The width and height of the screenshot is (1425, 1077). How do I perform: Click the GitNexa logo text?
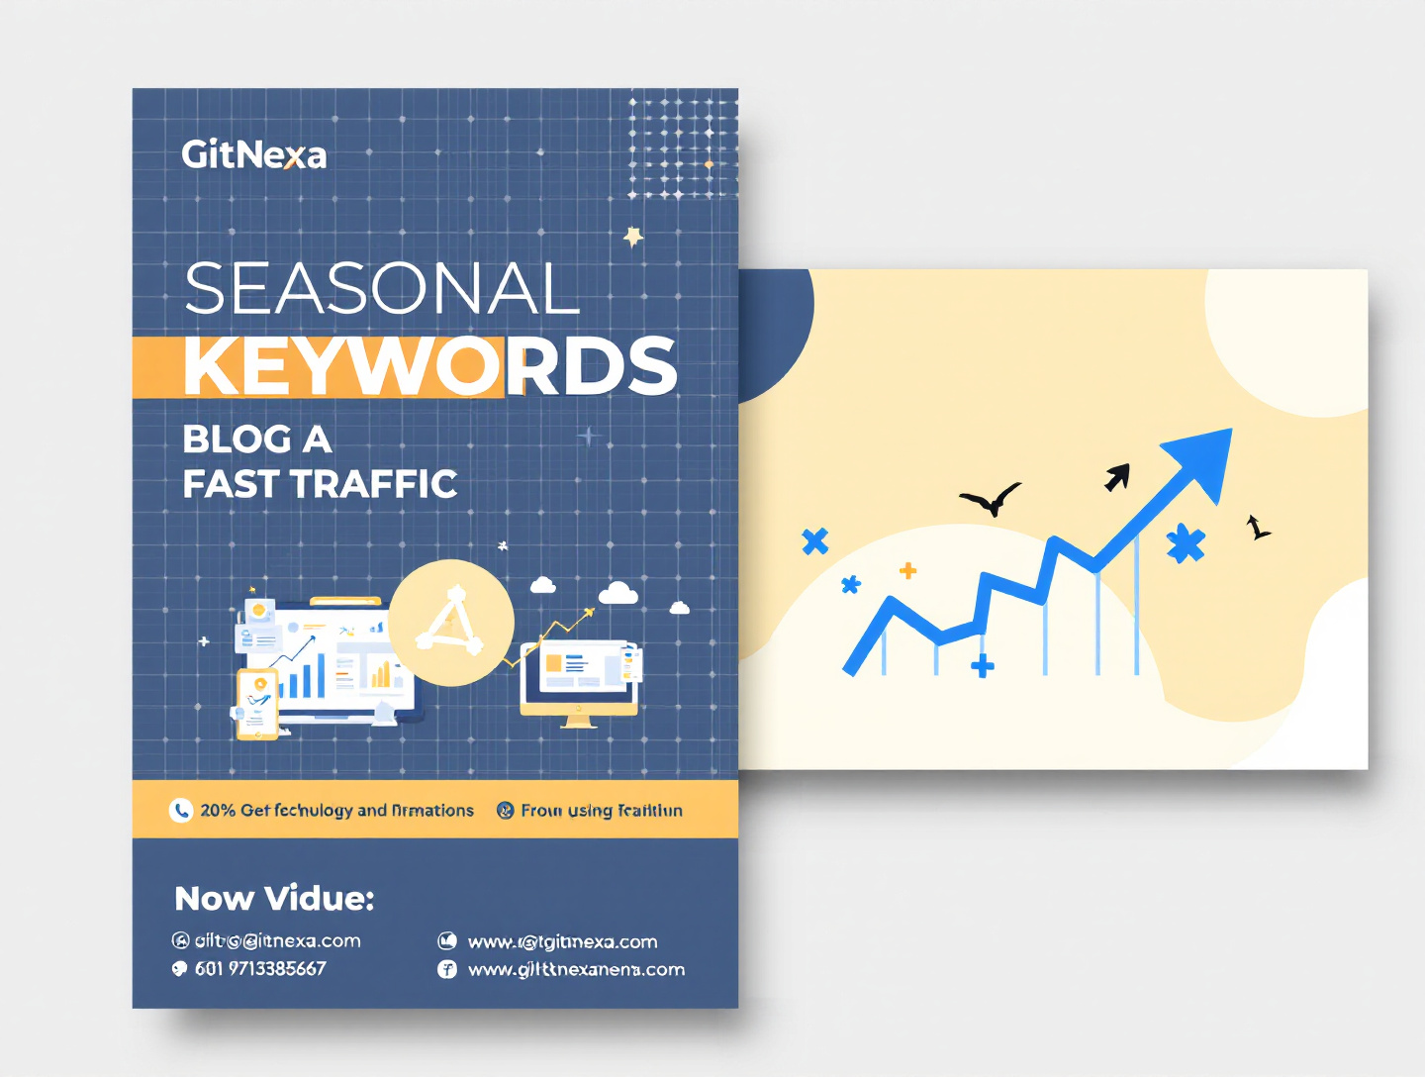pyautogui.click(x=253, y=154)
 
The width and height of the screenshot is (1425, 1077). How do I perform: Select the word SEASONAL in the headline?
pyautogui.click(x=381, y=289)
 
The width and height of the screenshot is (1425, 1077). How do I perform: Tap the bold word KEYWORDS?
pyautogui.click(x=429, y=365)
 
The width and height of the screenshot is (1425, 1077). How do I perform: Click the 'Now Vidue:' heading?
pyautogui.click(x=274, y=898)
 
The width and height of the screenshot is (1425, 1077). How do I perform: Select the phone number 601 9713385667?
pyautogui.click(x=260, y=969)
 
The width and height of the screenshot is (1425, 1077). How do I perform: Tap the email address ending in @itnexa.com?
pyautogui.click(x=277, y=940)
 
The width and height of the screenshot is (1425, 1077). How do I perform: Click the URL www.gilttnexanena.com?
pyautogui.click(x=576, y=969)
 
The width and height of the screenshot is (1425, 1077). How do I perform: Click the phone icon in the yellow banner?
pyautogui.click(x=180, y=811)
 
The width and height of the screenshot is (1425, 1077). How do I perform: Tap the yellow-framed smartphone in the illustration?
pyautogui.click(x=257, y=704)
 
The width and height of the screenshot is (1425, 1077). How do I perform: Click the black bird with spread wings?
pyautogui.click(x=991, y=499)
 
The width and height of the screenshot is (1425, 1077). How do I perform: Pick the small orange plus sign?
pyautogui.click(x=907, y=570)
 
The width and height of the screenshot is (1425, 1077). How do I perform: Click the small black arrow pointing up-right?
pyautogui.click(x=1117, y=477)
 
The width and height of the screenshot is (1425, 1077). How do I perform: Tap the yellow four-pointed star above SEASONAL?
pyautogui.click(x=633, y=236)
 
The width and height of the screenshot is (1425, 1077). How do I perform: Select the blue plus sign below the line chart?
pyautogui.click(x=982, y=666)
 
